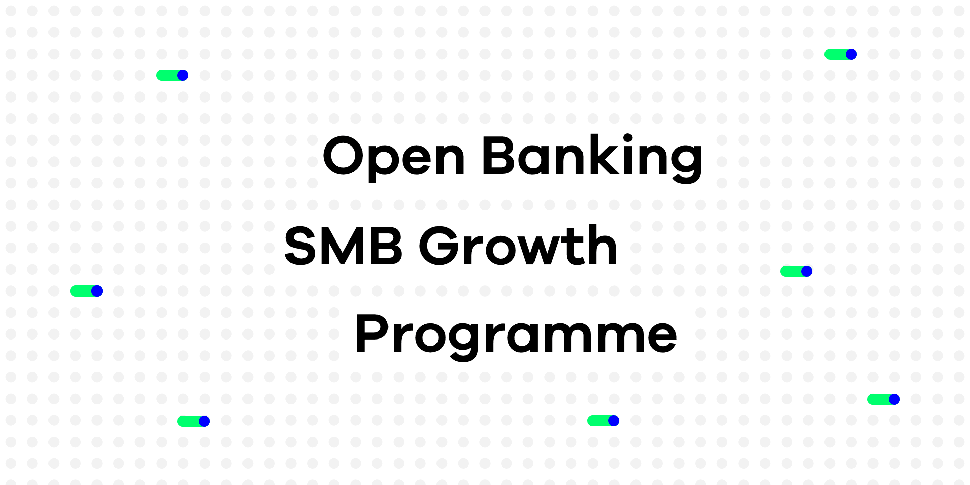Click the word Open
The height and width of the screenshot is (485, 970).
pos(394,158)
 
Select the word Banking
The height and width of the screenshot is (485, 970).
pos(593,158)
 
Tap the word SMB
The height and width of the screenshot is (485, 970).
pos(344,246)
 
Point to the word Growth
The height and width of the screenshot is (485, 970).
pos(518,246)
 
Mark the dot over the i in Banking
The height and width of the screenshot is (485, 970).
pos(628,138)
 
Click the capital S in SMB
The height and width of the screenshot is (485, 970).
pos(302,246)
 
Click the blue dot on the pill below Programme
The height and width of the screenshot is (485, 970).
pos(614,421)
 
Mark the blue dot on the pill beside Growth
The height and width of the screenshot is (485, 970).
pos(807,271)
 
